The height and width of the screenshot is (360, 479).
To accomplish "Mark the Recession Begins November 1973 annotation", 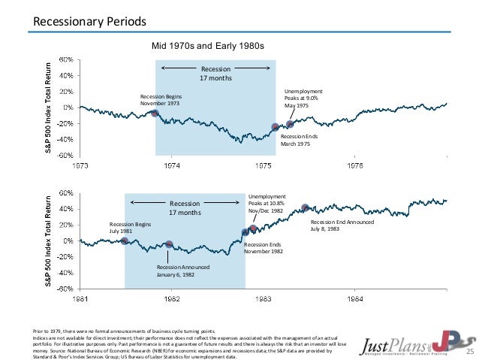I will (161, 101).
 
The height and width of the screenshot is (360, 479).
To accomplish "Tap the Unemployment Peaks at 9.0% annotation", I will (302, 98).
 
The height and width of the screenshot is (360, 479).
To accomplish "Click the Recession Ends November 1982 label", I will (263, 249).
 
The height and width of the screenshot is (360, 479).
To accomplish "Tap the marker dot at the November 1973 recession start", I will (155, 113).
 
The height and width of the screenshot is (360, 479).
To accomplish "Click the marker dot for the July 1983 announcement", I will (305, 208).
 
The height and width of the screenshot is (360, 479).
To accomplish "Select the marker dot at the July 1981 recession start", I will (125, 241).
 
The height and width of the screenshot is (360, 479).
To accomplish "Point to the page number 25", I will (471, 351).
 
